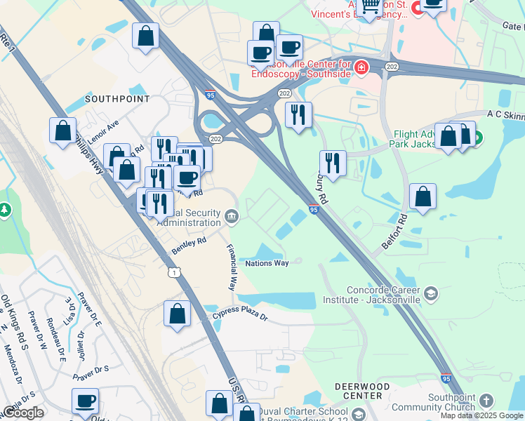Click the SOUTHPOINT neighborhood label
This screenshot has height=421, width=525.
(117, 99)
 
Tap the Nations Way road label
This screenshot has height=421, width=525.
(267, 263)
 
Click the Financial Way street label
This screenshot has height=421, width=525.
(230, 267)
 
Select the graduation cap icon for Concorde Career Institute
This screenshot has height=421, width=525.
(431, 293)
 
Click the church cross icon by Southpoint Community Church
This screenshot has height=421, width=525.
(486, 401)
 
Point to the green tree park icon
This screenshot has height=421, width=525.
(5, 210)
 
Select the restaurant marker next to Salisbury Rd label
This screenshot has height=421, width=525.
(333, 164)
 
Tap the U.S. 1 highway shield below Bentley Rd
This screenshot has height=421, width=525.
(173, 271)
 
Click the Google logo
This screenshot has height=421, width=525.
(23, 413)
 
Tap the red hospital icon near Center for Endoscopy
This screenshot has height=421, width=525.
(360, 68)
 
